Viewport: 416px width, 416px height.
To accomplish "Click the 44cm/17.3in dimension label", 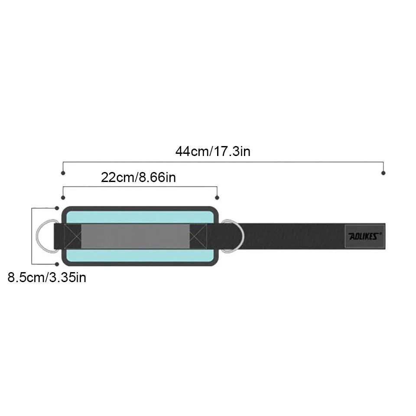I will click(x=213, y=152).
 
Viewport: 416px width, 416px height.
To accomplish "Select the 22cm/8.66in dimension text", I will click(x=138, y=177).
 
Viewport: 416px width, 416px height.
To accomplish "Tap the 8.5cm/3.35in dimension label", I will click(x=47, y=277).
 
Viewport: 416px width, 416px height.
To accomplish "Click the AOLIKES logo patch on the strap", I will click(x=364, y=236).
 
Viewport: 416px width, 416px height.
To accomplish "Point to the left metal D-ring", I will click(x=43, y=236).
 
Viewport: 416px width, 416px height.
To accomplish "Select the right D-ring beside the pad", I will click(x=236, y=236).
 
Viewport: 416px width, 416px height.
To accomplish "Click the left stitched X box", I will click(x=72, y=236).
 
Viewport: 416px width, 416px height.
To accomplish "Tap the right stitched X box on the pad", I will click(x=198, y=236).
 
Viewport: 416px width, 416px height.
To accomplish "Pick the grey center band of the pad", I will click(x=135, y=236).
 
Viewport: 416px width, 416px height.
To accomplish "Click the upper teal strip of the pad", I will click(x=139, y=217).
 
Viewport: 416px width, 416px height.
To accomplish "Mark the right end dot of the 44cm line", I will click(x=383, y=173).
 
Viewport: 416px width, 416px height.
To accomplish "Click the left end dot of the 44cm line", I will click(x=63, y=173).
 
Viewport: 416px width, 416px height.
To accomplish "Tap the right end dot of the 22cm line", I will click(x=217, y=198).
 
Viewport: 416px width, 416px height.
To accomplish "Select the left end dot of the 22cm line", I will click(x=63, y=198).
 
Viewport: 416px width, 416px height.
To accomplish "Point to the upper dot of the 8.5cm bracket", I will click(x=57, y=208).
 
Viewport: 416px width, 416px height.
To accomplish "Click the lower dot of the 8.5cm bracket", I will click(x=57, y=264).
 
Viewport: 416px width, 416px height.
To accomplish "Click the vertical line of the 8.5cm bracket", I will click(x=32, y=236).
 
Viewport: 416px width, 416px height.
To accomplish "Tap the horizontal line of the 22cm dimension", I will click(x=139, y=187).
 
